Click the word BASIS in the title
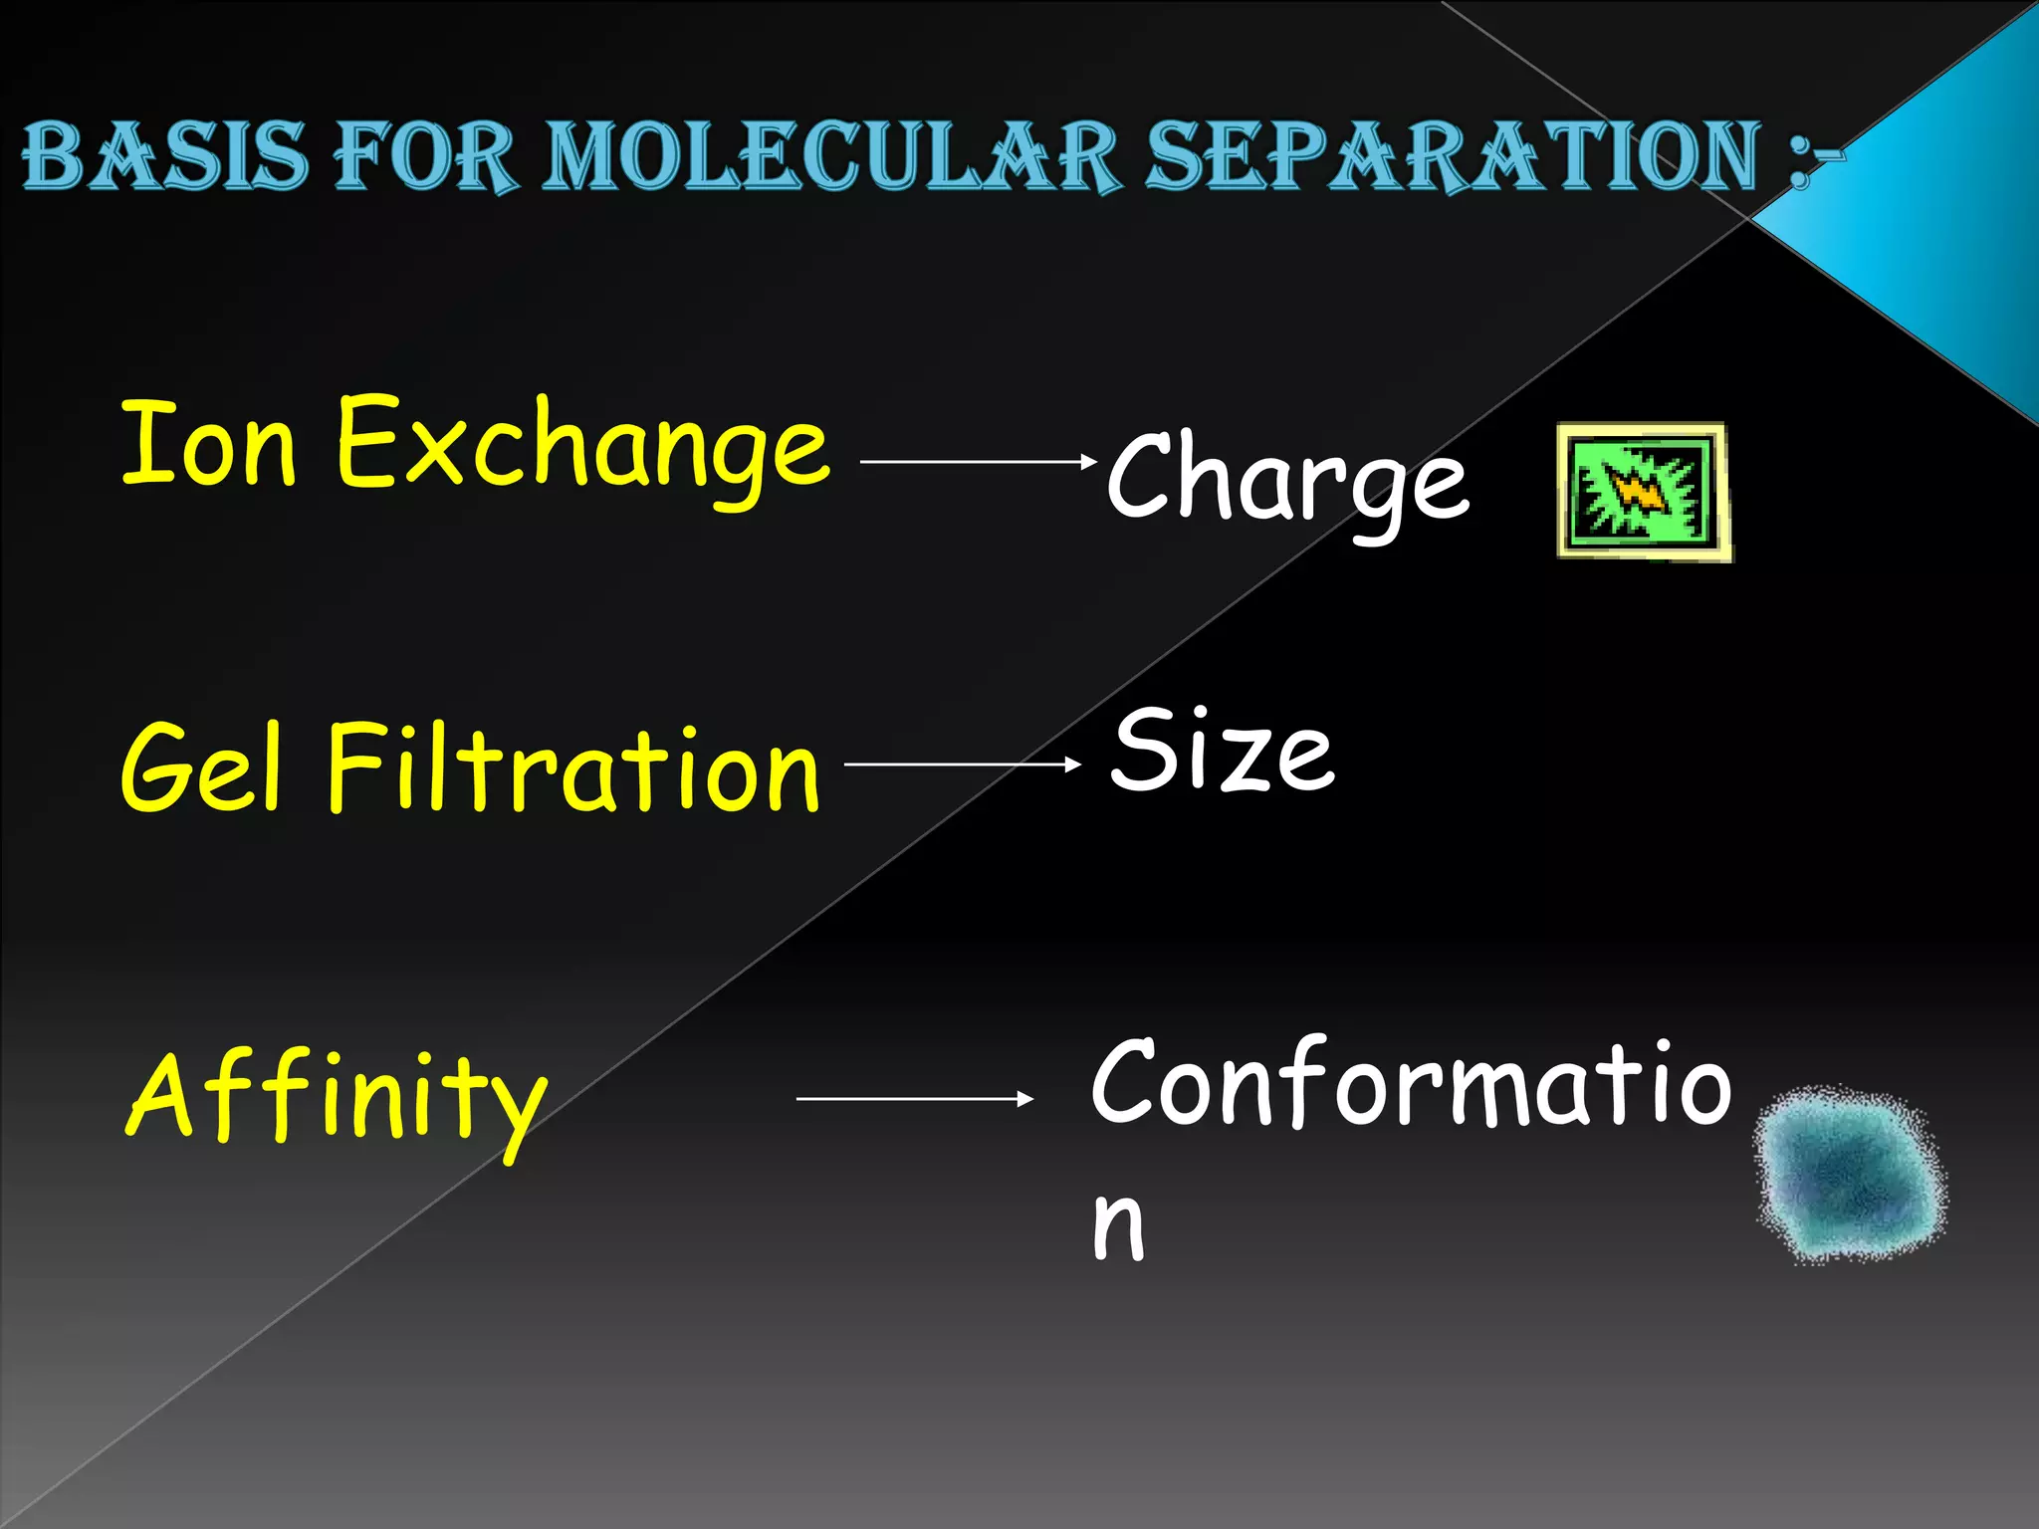click(164, 156)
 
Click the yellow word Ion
click(209, 443)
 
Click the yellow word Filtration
click(572, 766)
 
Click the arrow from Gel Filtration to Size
click(962, 764)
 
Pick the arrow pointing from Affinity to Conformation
click(915, 1099)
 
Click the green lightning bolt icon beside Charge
click(1643, 492)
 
